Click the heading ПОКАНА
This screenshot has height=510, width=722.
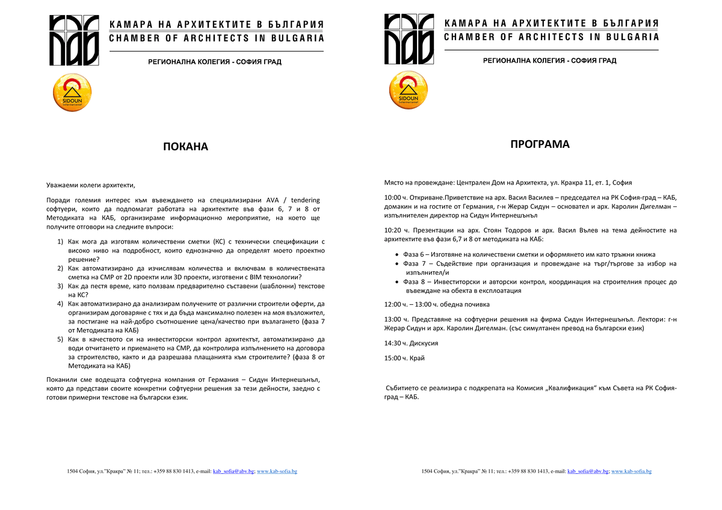click(185, 147)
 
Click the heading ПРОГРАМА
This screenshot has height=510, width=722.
click(540, 144)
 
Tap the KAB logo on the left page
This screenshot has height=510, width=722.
click(74, 40)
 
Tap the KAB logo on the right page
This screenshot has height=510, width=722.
click(409, 40)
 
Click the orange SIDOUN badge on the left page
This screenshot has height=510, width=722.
click(73, 92)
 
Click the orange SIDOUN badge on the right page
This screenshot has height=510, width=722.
click(408, 91)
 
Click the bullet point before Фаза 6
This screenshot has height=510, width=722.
click(396, 255)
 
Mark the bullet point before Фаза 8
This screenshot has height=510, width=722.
click(396, 282)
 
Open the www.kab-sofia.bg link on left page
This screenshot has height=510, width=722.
click(277, 472)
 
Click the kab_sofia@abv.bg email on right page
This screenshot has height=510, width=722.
click(588, 472)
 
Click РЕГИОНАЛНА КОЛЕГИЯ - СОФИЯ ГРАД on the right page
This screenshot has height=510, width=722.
click(550, 61)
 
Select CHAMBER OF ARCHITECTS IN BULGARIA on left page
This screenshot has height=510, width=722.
click(217, 38)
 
